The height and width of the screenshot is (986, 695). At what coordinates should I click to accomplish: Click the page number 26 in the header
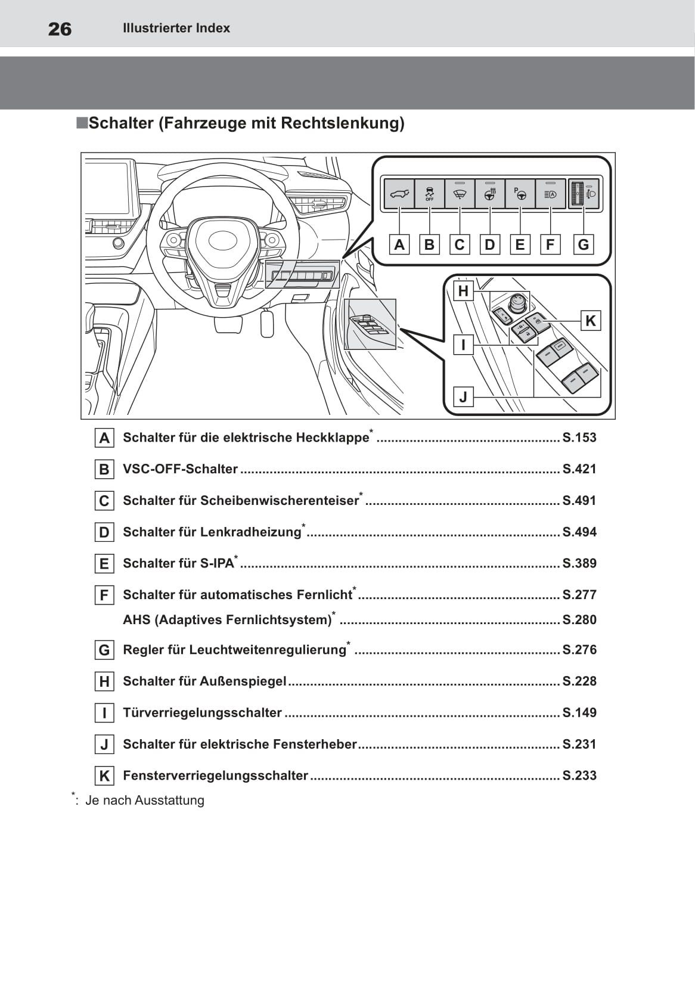point(60,29)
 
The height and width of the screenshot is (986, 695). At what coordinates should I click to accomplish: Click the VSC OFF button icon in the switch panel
point(429,194)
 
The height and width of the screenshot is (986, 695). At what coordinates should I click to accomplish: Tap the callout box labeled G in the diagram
point(583,244)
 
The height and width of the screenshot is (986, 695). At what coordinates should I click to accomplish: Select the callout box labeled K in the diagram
point(590,321)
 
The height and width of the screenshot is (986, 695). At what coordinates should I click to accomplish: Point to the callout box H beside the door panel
point(463,291)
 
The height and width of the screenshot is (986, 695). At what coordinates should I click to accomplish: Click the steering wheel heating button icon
point(490,194)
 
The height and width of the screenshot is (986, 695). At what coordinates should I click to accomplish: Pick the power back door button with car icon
point(399,194)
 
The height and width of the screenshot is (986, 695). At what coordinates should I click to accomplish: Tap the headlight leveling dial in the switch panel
point(577,194)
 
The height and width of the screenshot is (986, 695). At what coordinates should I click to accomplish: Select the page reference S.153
point(579,438)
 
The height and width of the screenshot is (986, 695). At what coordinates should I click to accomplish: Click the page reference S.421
point(579,469)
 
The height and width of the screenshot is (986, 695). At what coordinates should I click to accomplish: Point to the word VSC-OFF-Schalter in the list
point(180,469)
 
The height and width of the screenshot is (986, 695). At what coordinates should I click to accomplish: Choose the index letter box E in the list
point(104,563)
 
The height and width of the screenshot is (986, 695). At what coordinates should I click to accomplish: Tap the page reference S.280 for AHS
point(579,620)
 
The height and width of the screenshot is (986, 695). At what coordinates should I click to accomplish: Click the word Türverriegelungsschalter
point(202,713)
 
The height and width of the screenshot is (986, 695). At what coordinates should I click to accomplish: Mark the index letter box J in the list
point(104,745)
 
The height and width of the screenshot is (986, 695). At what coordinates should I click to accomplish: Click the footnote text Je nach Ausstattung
point(144,801)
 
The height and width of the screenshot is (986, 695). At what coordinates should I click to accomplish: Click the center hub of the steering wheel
point(221,241)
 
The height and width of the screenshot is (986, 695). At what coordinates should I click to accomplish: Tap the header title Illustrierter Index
point(176,28)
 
